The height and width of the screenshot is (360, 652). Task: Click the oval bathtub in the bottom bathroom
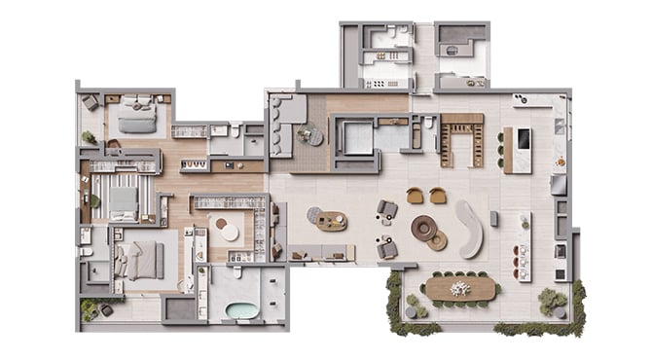(x=241, y=311)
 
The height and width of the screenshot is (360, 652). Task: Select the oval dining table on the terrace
(x=460, y=289)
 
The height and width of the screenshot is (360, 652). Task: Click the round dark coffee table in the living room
(x=424, y=228)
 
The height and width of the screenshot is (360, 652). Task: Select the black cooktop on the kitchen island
(x=524, y=140)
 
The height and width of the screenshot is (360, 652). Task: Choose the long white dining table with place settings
(x=525, y=247)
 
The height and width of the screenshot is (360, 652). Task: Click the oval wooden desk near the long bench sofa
(x=331, y=221)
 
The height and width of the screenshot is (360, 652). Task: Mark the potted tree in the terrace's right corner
(x=552, y=301)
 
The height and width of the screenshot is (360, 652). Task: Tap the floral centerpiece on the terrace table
(x=460, y=288)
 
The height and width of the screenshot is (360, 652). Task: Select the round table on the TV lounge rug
(x=308, y=135)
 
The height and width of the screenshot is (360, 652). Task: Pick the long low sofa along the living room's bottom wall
(x=320, y=253)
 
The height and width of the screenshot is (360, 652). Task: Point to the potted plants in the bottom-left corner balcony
(x=90, y=309)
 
